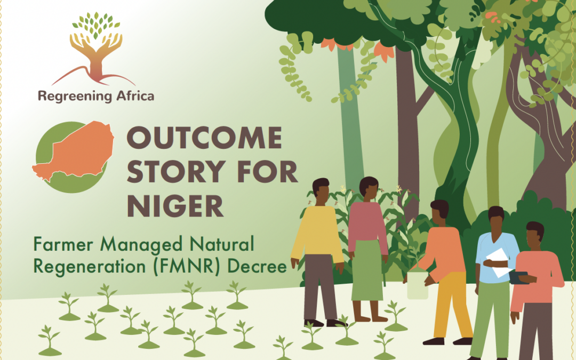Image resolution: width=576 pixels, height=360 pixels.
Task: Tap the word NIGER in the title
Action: tap(175, 206)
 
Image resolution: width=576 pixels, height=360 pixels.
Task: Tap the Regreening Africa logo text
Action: tap(96, 96)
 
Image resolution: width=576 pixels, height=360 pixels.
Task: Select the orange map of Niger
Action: tap(74, 150)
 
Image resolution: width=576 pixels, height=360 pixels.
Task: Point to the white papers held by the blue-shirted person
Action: tap(498, 262)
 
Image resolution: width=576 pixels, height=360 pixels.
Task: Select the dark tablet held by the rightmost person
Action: tap(519, 278)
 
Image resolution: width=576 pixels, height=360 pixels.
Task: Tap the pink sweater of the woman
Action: tap(367, 224)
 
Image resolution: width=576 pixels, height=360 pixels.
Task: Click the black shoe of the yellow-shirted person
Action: tap(314, 323)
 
